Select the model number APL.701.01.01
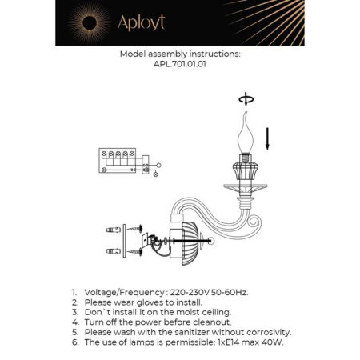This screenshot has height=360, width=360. pyautogui.click(x=179, y=66)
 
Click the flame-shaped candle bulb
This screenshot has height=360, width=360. pyautogui.click(x=246, y=138)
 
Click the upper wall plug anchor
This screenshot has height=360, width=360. pyautogui.click(x=111, y=230)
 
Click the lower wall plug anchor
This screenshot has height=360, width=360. pyautogui.click(x=111, y=251)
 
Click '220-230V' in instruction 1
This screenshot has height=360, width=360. pyautogui.click(x=183, y=293)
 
